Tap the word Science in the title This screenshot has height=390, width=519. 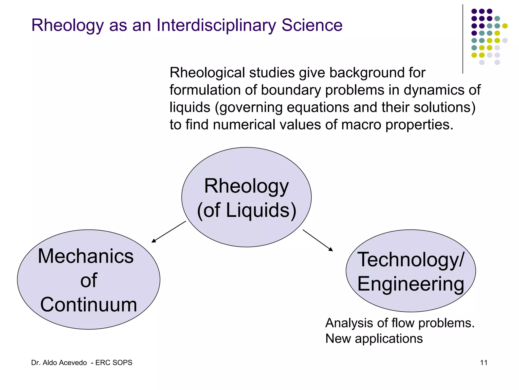[x=312, y=25]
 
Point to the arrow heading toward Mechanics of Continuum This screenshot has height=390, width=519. [x=169, y=232]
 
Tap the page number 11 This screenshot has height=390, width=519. [x=484, y=363]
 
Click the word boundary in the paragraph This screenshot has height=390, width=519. [x=291, y=90]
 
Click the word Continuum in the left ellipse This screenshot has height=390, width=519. [x=88, y=304]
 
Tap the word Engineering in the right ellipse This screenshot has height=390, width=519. [x=411, y=284]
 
